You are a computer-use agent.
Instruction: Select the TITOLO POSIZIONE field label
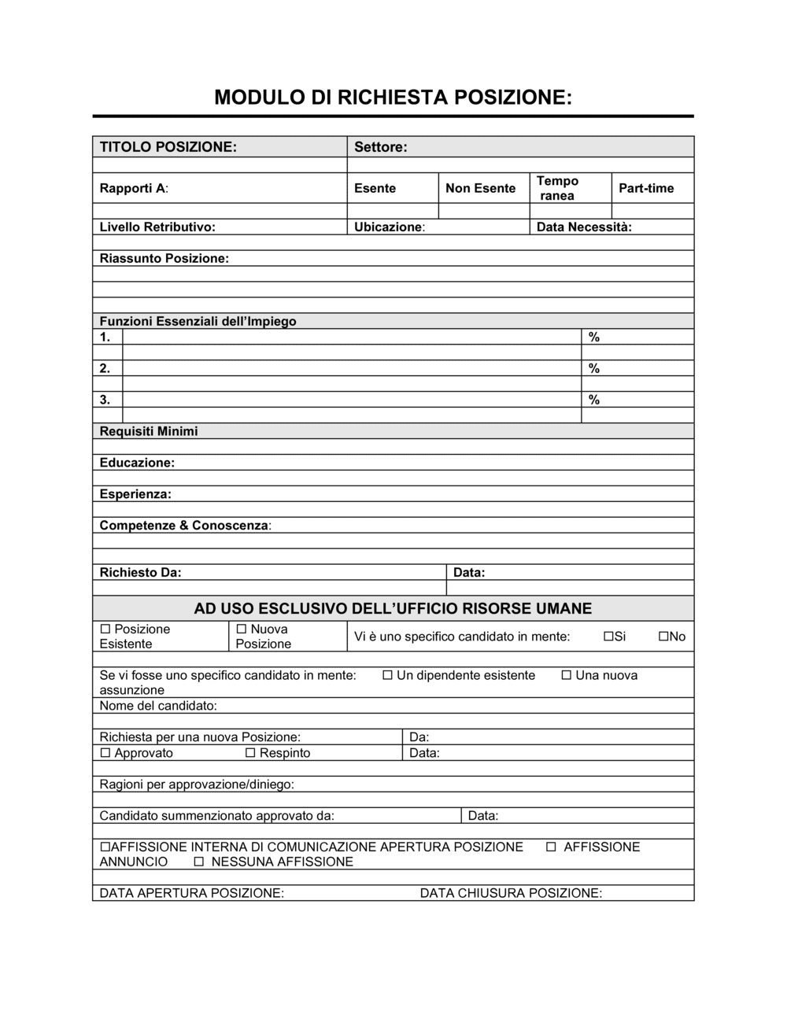click(168, 147)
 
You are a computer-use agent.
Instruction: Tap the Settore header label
click(381, 147)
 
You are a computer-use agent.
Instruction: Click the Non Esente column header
click(480, 188)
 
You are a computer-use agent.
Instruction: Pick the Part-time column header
click(646, 188)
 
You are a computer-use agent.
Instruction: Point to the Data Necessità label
click(584, 227)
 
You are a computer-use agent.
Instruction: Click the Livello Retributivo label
click(157, 227)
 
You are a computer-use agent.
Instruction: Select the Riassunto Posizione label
click(164, 259)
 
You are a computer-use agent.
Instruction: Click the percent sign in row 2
click(594, 368)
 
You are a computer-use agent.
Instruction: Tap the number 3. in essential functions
click(105, 400)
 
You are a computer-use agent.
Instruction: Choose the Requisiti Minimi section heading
click(149, 431)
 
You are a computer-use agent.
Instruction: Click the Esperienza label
click(135, 494)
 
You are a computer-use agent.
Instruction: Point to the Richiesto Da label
click(140, 573)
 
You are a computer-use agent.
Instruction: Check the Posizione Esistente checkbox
click(105, 629)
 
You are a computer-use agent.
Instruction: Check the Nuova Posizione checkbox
click(242, 629)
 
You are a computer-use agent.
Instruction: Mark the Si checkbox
click(608, 637)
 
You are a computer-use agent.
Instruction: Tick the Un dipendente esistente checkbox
click(387, 676)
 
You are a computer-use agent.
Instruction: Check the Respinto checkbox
click(250, 754)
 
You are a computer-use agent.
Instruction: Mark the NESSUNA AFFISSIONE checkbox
click(199, 862)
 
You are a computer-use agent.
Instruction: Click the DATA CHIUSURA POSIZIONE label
click(511, 893)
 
